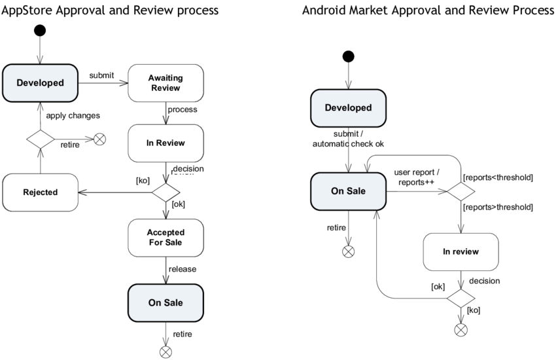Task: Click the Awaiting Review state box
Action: pyautogui.click(x=165, y=83)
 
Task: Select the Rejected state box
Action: pyautogui.click(x=40, y=192)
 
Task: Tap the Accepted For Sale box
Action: pyautogui.click(x=165, y=237)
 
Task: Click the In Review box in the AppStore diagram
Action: pyautogui.click(x=165, y=143)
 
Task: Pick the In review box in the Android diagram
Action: pyautogui.click(x=460, y=251)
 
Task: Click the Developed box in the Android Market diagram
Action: pyautogui.click(x=349, y=107)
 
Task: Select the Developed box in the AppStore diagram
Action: pyautogui.click(x=40, y=82)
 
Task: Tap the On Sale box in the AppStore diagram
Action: pyautogui.click(x=165, y=302)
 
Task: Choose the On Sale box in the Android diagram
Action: pyautogui.click(x=349, y=191)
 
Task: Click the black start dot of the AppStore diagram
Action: pyautogui.click(x=41, y=30)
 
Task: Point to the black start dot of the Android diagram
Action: pyautogui.click(x=349, y=56)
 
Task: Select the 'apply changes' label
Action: pyautogui.click(x=73, y=115)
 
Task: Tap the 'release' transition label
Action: pyautogui.click(x=182, y=268)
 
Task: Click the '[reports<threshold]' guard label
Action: pyautogui.click(x=497, y=177)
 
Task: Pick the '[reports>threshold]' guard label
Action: pyautogui.click(x=497, y=207)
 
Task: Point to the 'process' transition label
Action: pyautogui.click(x=182, y=109)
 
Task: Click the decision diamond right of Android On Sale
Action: pyautogui.click(x=460, y=192)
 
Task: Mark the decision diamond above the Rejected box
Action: pyautogui.click(x=41, y=139)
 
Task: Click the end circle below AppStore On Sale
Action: pyautogui.click(x=165, y=352)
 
